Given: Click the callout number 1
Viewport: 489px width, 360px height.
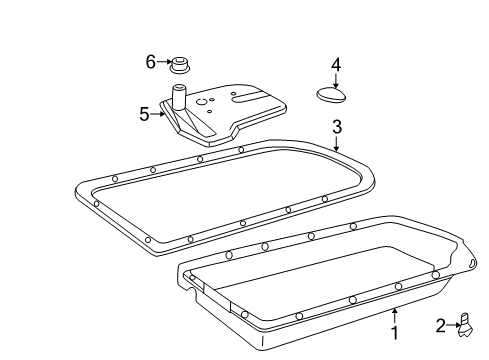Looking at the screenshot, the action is click(x=395, y=333).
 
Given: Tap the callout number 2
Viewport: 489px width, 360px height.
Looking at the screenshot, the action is click(x=440, y=326).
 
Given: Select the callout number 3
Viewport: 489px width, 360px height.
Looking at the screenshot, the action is click(x=337, y=127).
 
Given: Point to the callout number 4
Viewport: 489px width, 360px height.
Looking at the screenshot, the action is click(x=336, y=65).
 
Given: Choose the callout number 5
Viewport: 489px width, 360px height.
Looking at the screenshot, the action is click(x=144, y=114).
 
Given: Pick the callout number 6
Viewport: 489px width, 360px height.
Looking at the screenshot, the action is click(x=151, y=62).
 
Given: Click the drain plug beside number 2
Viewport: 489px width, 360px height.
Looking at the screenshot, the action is click(x=466, y=325).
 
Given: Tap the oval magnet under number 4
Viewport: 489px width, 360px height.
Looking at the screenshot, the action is click(x=331, y=94).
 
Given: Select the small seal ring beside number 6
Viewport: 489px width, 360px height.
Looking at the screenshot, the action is click(x=180, y=65).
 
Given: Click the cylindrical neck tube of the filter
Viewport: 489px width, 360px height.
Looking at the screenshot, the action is click(x=179, y=97).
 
